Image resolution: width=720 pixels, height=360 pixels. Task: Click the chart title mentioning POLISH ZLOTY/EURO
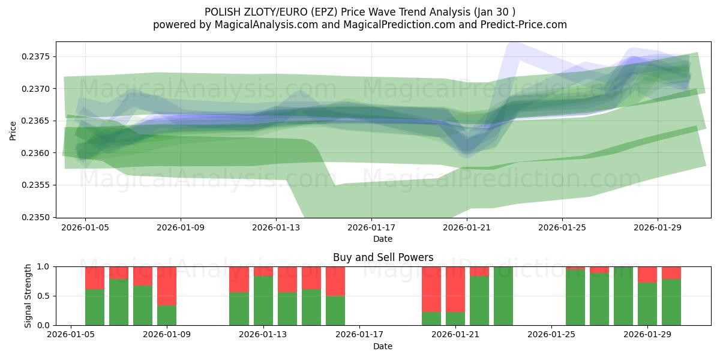(x=359, y=11)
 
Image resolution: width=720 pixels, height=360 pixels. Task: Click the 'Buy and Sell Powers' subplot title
(x=383, y=257)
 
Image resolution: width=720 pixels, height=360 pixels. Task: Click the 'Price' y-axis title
(x=13, y=130)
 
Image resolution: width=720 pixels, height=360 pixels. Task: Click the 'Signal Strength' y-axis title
(x=28, y=296)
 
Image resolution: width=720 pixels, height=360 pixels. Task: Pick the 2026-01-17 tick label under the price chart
(x=371, y=227)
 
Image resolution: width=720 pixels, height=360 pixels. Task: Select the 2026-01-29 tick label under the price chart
(x=658, y=227)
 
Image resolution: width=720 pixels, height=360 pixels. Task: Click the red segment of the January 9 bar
(x=167, y=286)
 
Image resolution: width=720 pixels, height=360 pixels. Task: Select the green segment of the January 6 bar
(x=95, y=307)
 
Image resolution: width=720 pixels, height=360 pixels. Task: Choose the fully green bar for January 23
(x=503, y=296)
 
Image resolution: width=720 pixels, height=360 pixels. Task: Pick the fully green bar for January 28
(x=623, y=296)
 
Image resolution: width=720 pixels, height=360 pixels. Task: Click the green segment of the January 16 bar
(x=335, y=310)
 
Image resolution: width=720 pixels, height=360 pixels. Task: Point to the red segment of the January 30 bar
(x=671, y=272)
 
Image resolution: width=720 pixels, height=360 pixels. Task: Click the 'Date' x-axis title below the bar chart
(x=383, y=346)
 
